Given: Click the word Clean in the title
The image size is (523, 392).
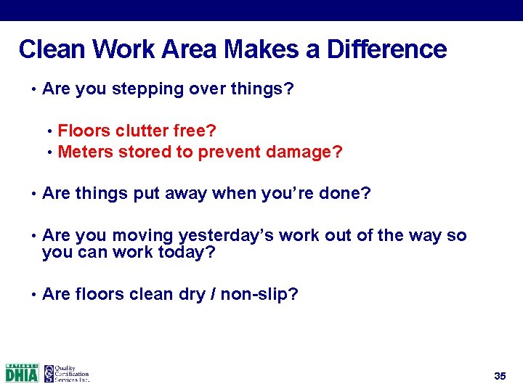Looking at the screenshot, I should [49, 49].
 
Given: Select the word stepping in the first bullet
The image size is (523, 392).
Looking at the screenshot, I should [150, 89].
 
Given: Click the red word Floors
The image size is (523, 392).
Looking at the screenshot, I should [81, 131].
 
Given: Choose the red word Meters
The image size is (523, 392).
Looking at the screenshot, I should [82, 152].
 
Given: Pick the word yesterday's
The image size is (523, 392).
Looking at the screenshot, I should [219, 236].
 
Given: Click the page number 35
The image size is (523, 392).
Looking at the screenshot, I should [499, 376].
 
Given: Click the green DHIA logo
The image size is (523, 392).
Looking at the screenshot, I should [21, 372].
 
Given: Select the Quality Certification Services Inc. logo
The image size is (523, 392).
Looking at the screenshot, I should [66, 372].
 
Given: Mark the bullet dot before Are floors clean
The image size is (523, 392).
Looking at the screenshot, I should [33, 295].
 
